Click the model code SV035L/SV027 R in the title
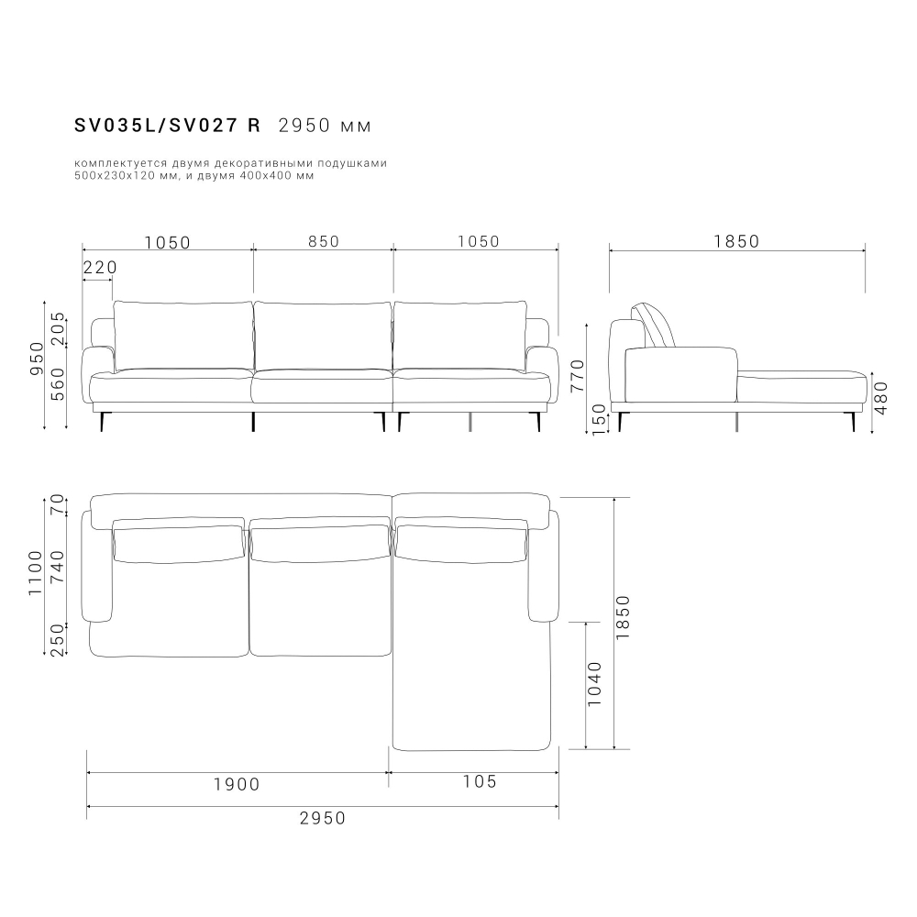167,125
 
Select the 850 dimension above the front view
323,242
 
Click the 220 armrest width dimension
100,268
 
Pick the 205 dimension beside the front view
58,328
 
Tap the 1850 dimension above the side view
736,242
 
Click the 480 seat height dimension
881,398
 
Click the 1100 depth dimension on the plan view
36,573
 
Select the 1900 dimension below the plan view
237,784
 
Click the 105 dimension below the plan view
480,781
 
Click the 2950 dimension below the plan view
323,818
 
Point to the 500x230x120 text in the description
114,175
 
